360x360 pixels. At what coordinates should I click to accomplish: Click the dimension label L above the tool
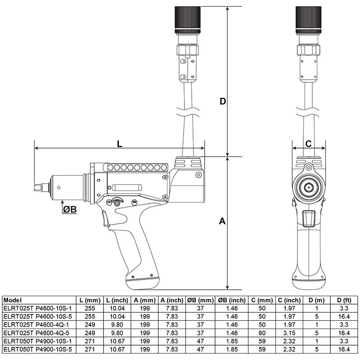pos(119,144)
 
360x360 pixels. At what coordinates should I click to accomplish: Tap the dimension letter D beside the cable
pos(222,102)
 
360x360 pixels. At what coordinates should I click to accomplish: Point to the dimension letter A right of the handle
pos(222,221)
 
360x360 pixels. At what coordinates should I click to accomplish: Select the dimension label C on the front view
pos(308,144)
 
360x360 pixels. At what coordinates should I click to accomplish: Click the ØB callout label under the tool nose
pos(68,210)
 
